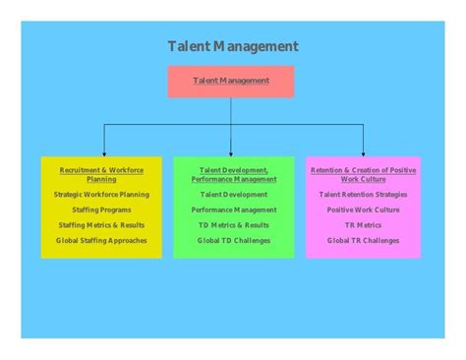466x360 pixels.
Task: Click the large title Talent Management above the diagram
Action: point(233,46)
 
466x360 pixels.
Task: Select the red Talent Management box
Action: point(231,81)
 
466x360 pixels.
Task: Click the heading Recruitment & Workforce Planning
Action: point(101,174)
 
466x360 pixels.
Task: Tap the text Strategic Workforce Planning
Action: point(101,195)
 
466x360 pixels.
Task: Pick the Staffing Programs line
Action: point(101,210)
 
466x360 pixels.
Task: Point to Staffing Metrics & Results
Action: point(101,225)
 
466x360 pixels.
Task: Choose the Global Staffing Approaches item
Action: point(101,240)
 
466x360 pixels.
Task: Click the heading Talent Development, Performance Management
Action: point(233,174)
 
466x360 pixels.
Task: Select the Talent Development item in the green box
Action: point(233,195)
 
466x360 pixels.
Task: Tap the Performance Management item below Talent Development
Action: point(233,210)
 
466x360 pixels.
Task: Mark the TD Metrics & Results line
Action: point(233,225)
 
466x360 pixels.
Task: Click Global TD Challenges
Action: point(233,240)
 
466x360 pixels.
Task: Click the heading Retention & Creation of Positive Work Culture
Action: point(363,174)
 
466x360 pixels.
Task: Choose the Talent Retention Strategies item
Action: point(363,195)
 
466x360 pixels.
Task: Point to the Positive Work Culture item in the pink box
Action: point(363,210)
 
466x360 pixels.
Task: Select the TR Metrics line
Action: point(363,225)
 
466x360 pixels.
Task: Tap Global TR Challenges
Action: point(363,240)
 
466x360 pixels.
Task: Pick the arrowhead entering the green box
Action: point(232,152)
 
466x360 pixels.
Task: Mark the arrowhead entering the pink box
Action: point(363,152)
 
